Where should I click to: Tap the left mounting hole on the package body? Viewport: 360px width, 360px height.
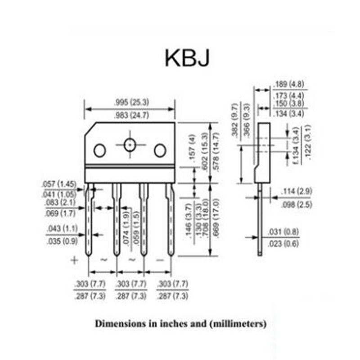pos(99,150)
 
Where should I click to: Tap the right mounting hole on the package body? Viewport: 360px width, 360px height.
pos(160,150)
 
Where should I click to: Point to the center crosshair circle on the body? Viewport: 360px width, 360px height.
pos(130,145)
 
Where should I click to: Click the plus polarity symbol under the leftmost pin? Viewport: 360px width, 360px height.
pos(74,260)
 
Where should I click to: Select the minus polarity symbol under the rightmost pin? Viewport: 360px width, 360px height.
pos(160,260)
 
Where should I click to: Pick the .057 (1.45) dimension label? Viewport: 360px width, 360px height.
pos(59,184)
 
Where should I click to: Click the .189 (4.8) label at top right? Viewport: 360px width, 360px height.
pos(288,84)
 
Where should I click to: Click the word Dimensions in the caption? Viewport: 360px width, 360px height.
pos(117,323)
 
